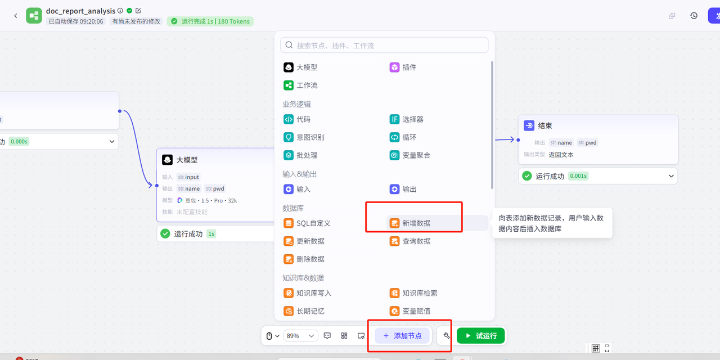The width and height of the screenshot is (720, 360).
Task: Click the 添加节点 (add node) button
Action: click(x=402, y=336)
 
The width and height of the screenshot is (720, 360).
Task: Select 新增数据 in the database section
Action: click(x=410, y=223)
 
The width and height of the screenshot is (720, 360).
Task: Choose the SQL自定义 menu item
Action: click(x=307, y=223)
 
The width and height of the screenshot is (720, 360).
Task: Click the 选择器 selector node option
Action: click(x=407, y=119)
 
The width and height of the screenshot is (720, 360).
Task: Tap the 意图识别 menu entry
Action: click(x=304, y=137)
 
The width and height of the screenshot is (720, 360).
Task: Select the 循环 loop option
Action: click(x=403, y=137)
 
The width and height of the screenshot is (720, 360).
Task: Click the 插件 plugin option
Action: click(x=403, y=67)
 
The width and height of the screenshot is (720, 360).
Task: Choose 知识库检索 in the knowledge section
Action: click(x=413, y=293)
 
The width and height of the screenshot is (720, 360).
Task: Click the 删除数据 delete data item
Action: click(x=304, y=259)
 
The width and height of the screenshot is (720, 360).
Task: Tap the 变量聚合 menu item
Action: click(x=410, y=155)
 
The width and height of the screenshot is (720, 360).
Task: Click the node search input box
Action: click(x=384, y=46)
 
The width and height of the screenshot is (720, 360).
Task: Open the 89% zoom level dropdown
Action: click(x=300, y=336)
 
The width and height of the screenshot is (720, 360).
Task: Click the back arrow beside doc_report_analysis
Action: click(x=16, y=16)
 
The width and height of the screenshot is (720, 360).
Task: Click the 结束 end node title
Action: click(x=545, y=125)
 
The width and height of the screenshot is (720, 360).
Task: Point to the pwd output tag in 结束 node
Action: click(x=587, y=142)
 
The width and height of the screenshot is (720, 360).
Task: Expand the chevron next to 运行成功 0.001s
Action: click(x=671, y=176)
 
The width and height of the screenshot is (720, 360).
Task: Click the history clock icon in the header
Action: click(x=694, y=16)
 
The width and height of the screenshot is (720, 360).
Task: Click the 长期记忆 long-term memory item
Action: click(x=304, y=311)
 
